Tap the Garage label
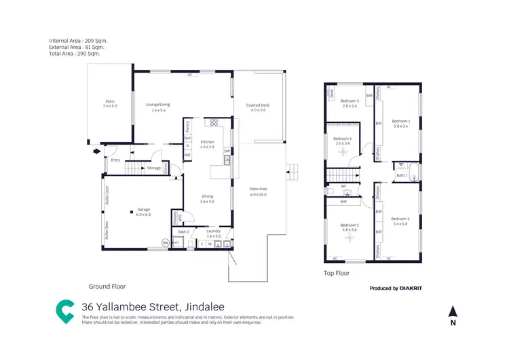144,209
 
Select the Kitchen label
207,142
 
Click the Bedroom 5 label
350,101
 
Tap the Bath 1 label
402,175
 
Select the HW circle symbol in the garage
165,242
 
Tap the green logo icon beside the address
65,310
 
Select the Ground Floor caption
107,287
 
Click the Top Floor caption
337,274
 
